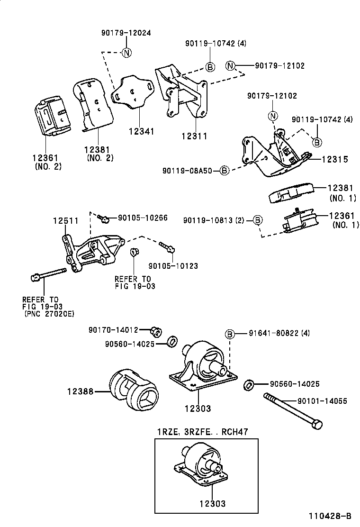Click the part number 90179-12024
click(x=126, y=33)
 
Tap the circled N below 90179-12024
click(x=126, y=53)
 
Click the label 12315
click(x=335, y=160)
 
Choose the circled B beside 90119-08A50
click(x=225, y=170)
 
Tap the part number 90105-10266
click(x=143, y=218)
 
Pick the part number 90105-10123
click(x=173, y=266)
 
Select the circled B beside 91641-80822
click(x=230, y=334)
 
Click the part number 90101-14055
click(x=322, y=401)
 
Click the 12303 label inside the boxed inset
click(x=207, y=504)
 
